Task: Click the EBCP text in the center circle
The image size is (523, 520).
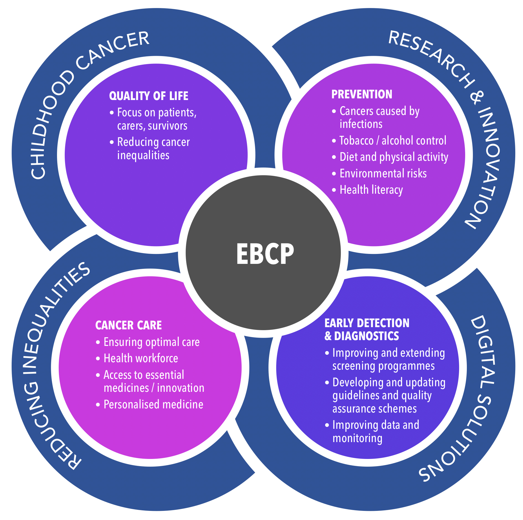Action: click(x=265, y=254)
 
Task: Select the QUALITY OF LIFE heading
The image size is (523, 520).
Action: click(x=149, y=96)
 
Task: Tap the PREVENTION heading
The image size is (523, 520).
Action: click(x=362, y=94)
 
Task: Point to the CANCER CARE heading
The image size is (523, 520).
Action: click(x=128, y=325)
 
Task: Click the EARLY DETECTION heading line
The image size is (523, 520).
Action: click(x=367, y=323)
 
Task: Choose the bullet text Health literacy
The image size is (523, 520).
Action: click(x=371, y=190)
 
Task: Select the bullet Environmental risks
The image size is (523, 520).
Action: click(x=383, y=174)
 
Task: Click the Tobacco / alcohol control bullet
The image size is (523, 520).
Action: click(x=393, y=141)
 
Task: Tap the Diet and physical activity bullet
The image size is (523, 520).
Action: click(x=394, y=157)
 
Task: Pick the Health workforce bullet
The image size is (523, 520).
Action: click(x=141, y=358)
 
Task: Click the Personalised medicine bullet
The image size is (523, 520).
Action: click(x=153, y=405)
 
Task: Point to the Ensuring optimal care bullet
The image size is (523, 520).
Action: click(x=151, y=342)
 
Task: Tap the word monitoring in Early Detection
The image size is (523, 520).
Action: click(x=357, y=438)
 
